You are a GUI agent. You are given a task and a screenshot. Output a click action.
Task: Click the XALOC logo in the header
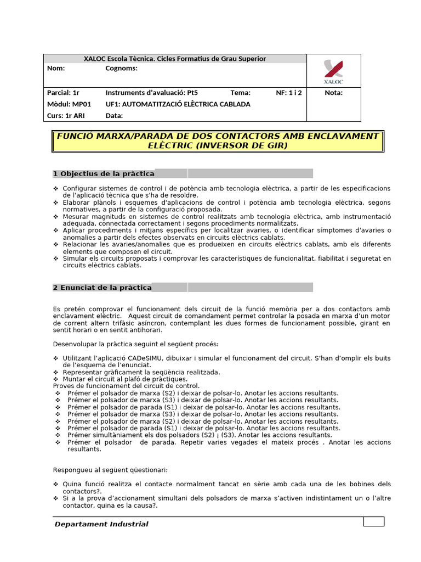333,72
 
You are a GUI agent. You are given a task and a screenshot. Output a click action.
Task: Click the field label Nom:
56,69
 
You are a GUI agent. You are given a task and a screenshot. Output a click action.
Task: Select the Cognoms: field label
121,69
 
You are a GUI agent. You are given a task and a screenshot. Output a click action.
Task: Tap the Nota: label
333,93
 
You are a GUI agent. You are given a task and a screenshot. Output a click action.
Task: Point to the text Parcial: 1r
64,93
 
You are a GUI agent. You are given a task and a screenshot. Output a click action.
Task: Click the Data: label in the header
114,116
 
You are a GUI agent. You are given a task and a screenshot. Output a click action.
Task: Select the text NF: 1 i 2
289,93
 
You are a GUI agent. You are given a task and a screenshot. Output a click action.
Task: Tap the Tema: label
240,93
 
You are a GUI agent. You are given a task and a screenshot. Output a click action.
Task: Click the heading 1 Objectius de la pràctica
103,174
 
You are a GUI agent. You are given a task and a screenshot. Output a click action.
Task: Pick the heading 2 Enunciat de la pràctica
102,288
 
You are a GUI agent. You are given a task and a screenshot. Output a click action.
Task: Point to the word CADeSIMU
123,358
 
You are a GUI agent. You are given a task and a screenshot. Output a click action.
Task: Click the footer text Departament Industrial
101,524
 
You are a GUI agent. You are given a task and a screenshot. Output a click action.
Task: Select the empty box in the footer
374,521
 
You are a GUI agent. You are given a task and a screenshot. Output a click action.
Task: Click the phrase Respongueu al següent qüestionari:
110,470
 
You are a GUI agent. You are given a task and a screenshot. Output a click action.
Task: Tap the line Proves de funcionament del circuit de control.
126,386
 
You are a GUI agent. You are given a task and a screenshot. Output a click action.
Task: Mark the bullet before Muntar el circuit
55,379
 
